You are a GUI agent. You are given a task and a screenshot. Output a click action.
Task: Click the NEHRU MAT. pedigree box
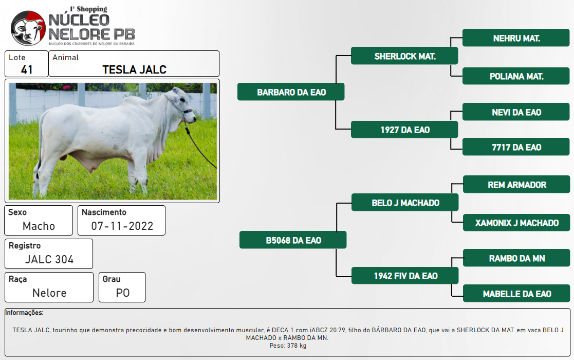[516, 38]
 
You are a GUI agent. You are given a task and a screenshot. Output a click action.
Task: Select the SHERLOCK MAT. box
[404, 56]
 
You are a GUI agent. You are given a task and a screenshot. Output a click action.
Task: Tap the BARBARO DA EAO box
[291, 92]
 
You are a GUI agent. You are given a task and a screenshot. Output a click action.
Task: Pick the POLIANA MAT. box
[516, 76]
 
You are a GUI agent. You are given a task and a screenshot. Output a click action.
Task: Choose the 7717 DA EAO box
[516, 147]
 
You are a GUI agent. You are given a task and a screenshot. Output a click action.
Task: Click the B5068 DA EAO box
[293, 240]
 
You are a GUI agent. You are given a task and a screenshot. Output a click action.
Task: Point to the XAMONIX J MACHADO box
[516, 222]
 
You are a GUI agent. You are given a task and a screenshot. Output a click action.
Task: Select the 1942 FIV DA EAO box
[405, 276]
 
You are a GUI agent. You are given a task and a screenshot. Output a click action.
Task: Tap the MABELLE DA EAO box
[516, 293]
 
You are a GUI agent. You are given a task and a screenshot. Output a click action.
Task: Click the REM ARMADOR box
[516, 184]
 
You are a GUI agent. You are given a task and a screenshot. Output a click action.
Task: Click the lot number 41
[27, 69]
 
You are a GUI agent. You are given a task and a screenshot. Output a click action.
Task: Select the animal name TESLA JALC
[134, 69]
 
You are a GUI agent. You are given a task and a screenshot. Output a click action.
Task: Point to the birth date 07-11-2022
[122, 226]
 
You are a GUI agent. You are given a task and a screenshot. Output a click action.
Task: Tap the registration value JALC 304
[49, 259]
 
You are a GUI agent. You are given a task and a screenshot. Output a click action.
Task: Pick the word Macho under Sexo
[39, 226]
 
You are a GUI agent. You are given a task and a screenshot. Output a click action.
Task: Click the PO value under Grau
[123, 293]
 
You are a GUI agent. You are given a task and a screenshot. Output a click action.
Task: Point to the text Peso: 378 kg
[288, 346]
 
